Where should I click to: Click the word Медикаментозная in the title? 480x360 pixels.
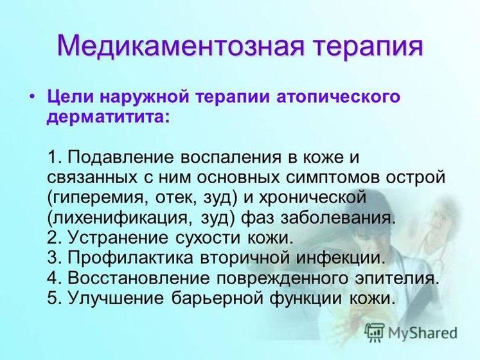point(181,46)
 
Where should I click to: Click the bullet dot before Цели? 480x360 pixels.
point(32,96)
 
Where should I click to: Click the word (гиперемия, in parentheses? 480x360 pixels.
point(96,198)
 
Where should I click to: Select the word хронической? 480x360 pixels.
point(312,198)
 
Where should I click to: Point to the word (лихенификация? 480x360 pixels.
point(121,218)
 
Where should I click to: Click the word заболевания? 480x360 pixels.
point(337,218)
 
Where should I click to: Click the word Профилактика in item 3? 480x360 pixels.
point(130,258)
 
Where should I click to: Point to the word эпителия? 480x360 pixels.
point(396,278)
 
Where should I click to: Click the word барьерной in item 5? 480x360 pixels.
point(217,298)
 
